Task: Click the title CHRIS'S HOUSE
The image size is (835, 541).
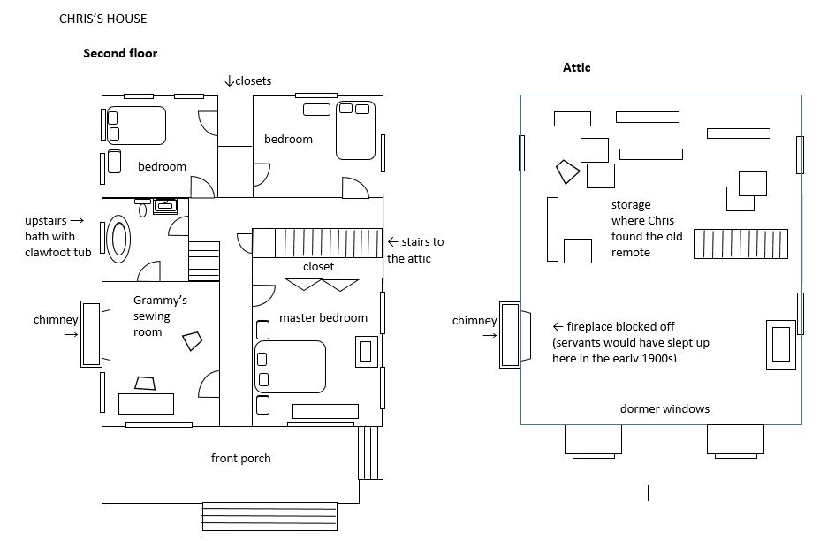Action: tap(102, 19)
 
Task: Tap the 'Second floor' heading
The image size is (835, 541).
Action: tap(120, 53)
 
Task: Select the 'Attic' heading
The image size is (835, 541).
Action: tap(576, 67)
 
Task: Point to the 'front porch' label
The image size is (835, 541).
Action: tap(240, 458)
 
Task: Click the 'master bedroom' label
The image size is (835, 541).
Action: tap(323, 317)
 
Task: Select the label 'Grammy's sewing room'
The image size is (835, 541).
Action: tap(160, 316)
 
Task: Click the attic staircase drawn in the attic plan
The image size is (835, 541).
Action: tap(740, 243)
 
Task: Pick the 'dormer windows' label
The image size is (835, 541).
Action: tap(664, 408)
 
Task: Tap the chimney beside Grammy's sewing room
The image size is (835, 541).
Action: tap(93, 337)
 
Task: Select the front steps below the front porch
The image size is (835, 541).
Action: tap(269, 516)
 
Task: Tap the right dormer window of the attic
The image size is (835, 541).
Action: tap(734, 439)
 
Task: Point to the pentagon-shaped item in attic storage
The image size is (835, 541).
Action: tap(566, 171)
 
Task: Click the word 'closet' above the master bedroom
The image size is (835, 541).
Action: tap(318, 266)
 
